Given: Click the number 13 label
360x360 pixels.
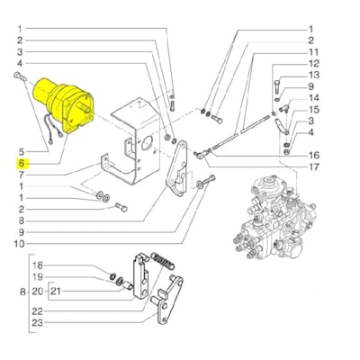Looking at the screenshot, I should tap(312, 75).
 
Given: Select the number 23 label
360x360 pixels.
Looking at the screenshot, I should tap(37, 321).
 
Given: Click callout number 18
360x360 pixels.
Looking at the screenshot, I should tap(37, 265).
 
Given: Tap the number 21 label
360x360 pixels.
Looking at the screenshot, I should tap(57, 293).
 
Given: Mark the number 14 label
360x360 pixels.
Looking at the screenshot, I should tap(312, 98).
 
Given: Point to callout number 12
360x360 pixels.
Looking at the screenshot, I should tap(312, 64).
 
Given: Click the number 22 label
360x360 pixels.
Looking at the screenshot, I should tap(37, 308).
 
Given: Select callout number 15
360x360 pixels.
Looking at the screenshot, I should tap(312, 109).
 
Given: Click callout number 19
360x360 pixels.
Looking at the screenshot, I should tap(37, 279).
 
